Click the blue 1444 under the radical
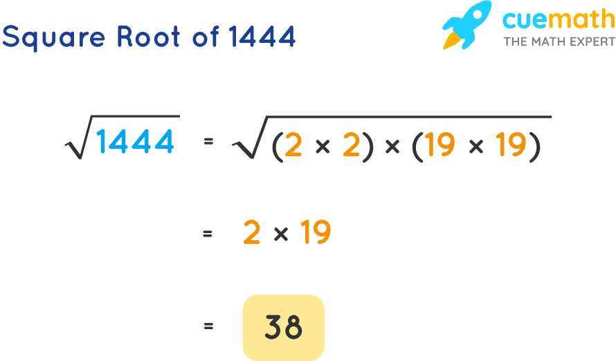135,142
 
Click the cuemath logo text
558,20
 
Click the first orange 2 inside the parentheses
293,145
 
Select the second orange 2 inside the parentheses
352,145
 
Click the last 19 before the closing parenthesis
511,145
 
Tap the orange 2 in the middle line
252,234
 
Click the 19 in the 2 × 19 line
315,234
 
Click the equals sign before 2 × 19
208,234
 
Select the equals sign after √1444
208,142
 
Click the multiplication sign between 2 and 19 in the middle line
280,234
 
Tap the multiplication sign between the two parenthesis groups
392,146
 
